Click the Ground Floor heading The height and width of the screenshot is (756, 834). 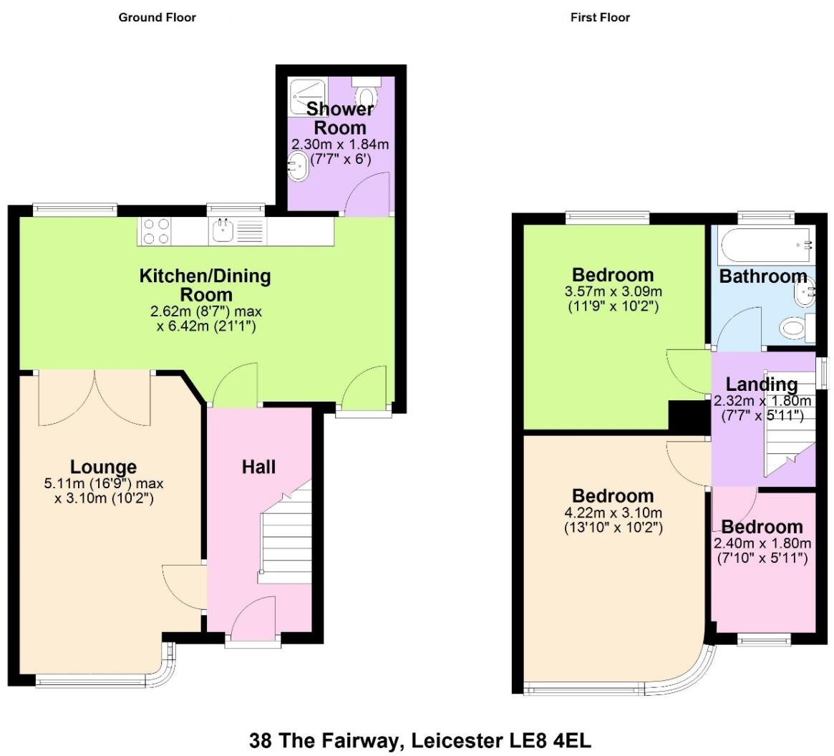click(x=157, y=17)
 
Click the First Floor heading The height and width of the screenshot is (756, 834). click(x=599, y=17)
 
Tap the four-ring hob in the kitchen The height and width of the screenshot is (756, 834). click(x=157, y=231)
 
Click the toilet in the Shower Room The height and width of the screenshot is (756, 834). click(x=366, y=94)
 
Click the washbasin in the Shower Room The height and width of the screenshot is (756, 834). click(x=299, y=166)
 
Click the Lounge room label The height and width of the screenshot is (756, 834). click(x=104, y=467)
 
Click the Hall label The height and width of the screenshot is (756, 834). click(x=258, y=467)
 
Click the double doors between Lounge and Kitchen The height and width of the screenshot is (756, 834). click(x=94, y=397)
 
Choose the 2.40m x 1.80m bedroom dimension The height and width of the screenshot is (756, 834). click(x=763, y=543)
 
